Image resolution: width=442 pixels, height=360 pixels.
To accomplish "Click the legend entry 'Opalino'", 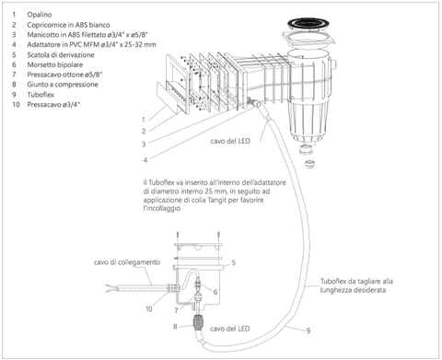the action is pyautogui.click(x=40, y=15).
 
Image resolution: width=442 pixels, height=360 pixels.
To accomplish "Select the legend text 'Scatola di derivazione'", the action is pyautogui.click(x=61, y=55).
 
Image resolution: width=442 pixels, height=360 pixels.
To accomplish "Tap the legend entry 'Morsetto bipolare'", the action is pyautogui.click(x=55, y=64).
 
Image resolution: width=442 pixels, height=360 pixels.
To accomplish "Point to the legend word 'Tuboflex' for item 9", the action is pyautogui.click(x=41, y=95).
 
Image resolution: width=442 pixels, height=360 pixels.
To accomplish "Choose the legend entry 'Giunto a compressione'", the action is pyautogui.click(x=63, y=85).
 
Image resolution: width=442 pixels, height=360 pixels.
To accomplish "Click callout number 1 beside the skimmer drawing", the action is pyautogui.click(x=144, y=120).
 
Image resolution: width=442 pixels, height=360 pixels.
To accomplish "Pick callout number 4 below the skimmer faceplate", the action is pyautogui.click(x=145, y=159).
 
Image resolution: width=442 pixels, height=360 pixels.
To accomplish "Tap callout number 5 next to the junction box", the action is pyautogui.click(x=234, y=262).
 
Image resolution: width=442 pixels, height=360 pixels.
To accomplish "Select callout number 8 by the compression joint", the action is pyautogui.click(x=175, y=327).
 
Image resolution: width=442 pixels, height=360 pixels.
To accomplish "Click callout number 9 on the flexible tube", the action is pyautogui.click(x=308, y=331).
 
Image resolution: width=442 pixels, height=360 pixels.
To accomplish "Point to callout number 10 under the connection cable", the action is pyautogui.click(x=149, y=309).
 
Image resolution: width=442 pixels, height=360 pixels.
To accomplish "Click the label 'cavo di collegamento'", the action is pyautogui.click(x=127, y=262).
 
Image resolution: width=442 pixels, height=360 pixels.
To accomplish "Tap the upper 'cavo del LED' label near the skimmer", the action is pyautogui.click(x=230, y=141).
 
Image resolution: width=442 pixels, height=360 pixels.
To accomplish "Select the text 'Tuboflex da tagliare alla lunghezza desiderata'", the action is pyautogui.click(x=356, y=285).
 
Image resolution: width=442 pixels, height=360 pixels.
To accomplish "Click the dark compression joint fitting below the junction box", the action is pyautogui.click(x=197, y=322).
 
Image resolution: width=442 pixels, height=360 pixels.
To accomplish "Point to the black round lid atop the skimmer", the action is pyautogui.click(x=308, y=24).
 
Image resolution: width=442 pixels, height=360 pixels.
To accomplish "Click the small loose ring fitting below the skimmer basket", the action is pyautogui.click(x=308, y=163).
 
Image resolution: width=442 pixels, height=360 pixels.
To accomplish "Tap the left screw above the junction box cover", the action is pyautogui.click(x=178, y=237).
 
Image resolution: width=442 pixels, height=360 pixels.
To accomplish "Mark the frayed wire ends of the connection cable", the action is pyautogui.click(x=110, y=288).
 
